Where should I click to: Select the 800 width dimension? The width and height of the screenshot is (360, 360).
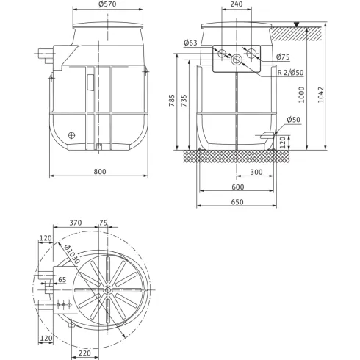(x=101, y=172)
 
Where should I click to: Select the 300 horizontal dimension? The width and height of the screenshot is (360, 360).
(x=256, y=172)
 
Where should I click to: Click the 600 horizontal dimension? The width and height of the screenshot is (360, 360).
(x=238, y=187)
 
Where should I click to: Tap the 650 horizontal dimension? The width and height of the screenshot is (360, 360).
(x=238, y=201)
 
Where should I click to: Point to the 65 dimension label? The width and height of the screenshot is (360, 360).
(x=62, y=280)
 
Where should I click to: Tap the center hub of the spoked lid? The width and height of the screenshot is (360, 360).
(x=108, y=290)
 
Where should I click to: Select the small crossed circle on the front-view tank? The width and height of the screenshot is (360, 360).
(x=72, y=135)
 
